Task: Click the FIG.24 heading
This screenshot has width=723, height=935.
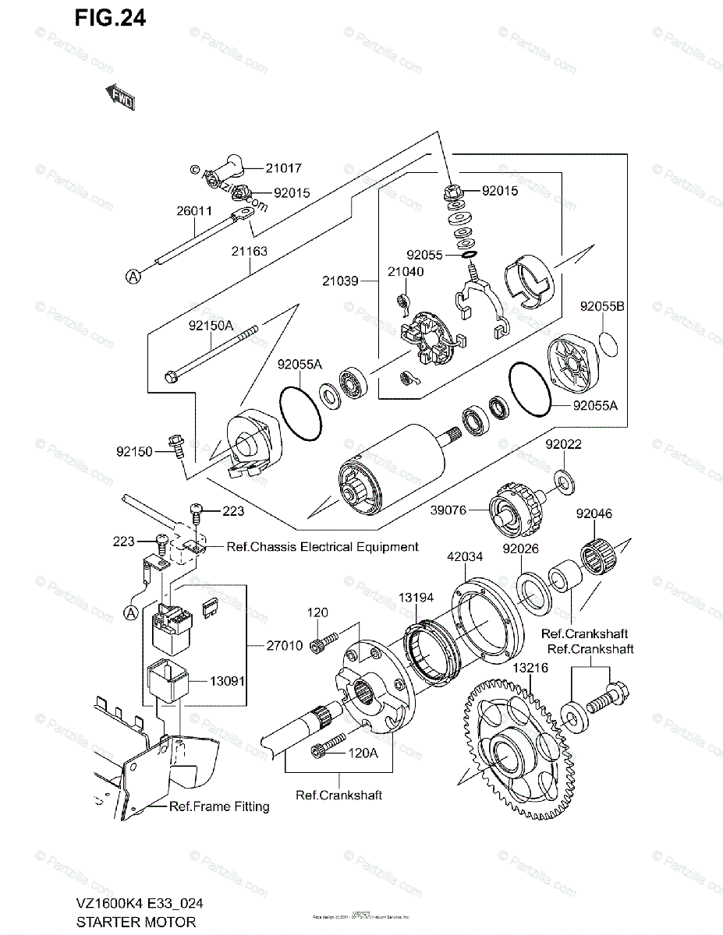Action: (110, 18)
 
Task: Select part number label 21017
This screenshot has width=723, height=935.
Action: (260, 168)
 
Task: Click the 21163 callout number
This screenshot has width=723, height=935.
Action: (249, 251)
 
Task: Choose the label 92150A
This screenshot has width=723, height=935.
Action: (209, 327)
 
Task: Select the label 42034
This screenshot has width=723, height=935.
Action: (466, 557)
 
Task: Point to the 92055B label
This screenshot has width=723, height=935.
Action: (601, 306)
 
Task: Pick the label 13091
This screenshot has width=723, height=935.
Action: (227, 680)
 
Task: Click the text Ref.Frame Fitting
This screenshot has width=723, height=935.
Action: (219, 806)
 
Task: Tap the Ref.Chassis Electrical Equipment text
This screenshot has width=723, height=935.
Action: (322, 547)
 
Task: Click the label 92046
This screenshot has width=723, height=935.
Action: (594, 513)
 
